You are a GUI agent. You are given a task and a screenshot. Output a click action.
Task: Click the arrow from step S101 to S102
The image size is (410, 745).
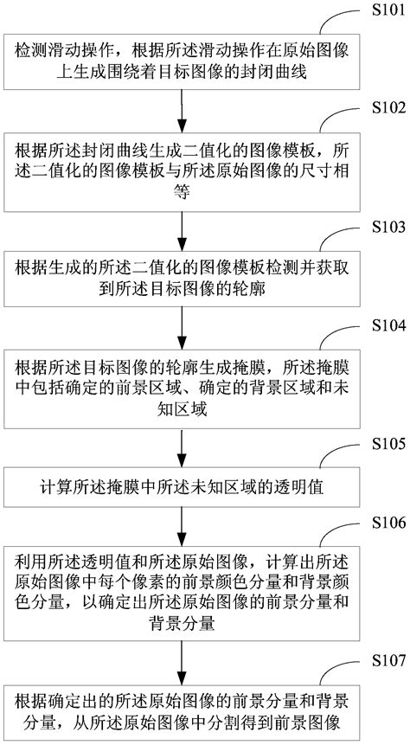[x=181, y=110]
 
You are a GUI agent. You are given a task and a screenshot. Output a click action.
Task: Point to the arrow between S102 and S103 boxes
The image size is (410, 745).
[x=181, y=228]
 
